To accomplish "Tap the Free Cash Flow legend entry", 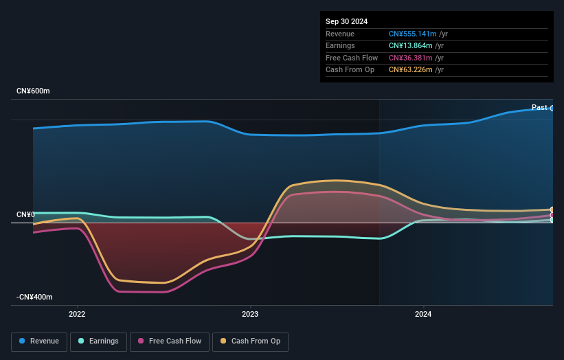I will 169,341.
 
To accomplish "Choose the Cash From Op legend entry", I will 250,341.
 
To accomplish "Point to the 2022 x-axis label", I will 77,315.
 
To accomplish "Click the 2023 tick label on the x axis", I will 250,315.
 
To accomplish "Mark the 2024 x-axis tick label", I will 423,315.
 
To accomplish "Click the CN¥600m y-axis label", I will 33,91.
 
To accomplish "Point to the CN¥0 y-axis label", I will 25,215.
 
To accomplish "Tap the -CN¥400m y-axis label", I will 34,297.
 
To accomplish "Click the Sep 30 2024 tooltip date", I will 346,21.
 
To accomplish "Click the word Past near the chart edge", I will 539,108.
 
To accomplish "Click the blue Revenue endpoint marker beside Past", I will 552,108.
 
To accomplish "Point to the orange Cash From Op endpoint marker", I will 552,210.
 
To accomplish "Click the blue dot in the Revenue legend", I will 23,341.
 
